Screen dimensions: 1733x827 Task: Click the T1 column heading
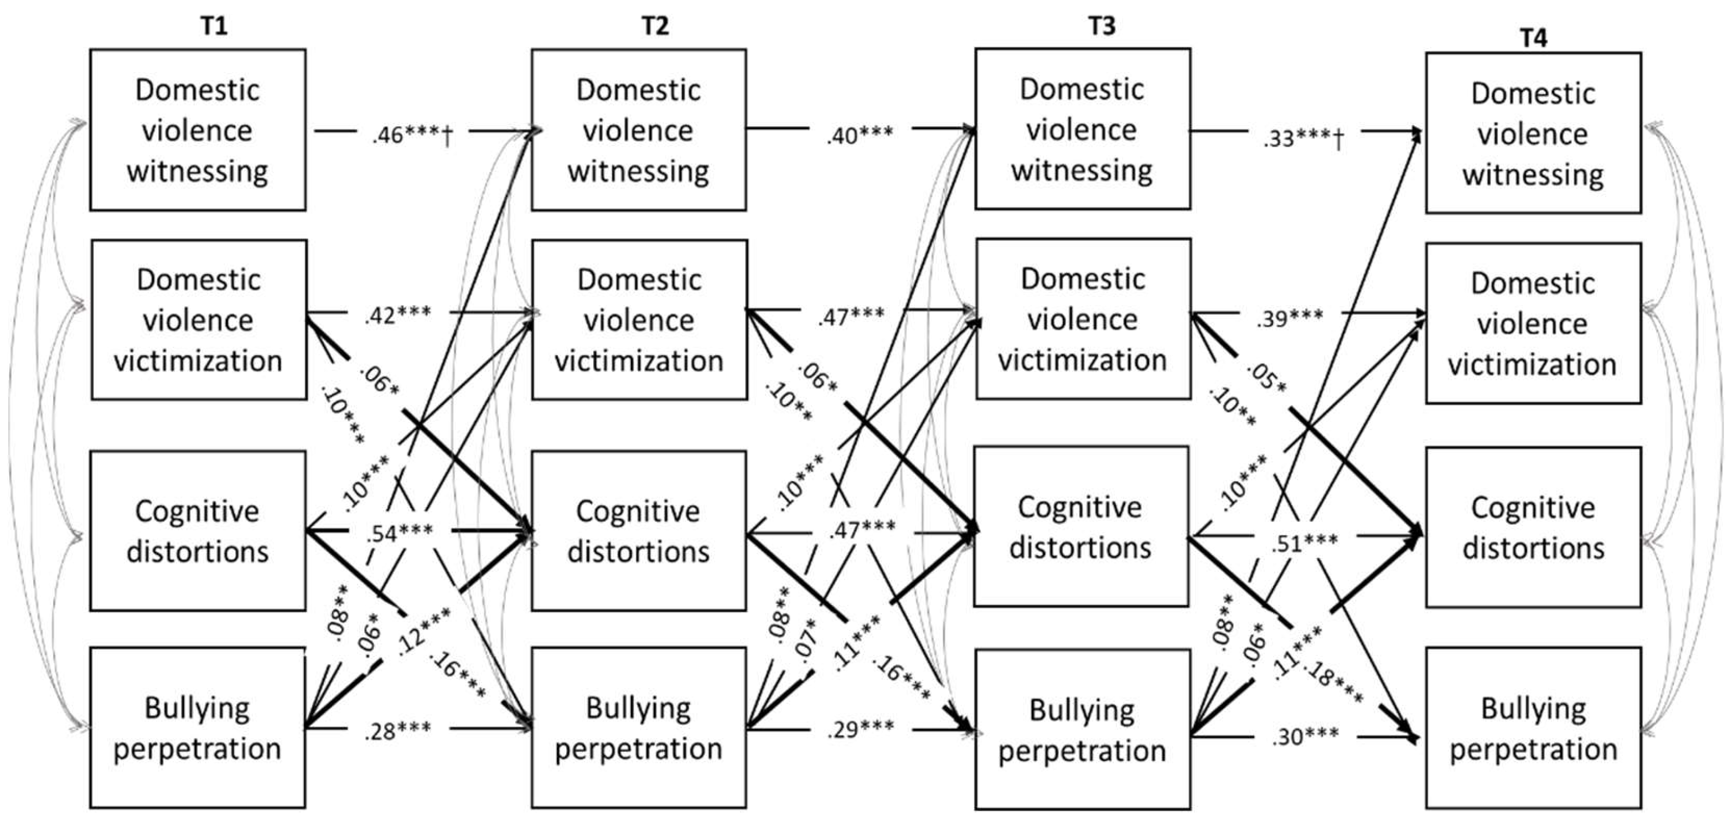(x=214, y=25)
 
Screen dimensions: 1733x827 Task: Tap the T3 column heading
(x=1101, y=25)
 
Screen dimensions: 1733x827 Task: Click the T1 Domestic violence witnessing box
(x=198, y=130)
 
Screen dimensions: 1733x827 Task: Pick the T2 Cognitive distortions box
(x=638, y=531)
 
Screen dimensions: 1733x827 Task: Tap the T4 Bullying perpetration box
(x=1533, y=728)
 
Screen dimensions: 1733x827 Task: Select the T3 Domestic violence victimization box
(x=1083, y=319)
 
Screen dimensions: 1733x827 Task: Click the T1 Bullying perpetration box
(x=197, y=728)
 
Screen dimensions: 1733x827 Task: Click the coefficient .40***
(x=860, y=135)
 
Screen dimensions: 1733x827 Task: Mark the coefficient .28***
(x=397, y=730)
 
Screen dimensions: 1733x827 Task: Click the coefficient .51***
(x=1305, y=542)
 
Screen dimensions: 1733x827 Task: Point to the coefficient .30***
(x=1305, y=737)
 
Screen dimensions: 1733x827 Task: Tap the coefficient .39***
(x=1290, y=318)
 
